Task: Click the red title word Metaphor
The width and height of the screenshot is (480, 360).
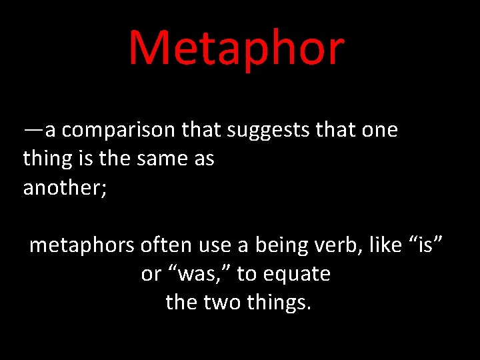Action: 237,48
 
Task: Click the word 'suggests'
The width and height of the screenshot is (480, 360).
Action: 267,130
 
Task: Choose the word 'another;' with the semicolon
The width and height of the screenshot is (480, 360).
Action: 65,188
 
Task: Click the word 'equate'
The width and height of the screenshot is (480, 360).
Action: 298,274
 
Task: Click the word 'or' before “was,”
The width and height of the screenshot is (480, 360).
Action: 151,274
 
